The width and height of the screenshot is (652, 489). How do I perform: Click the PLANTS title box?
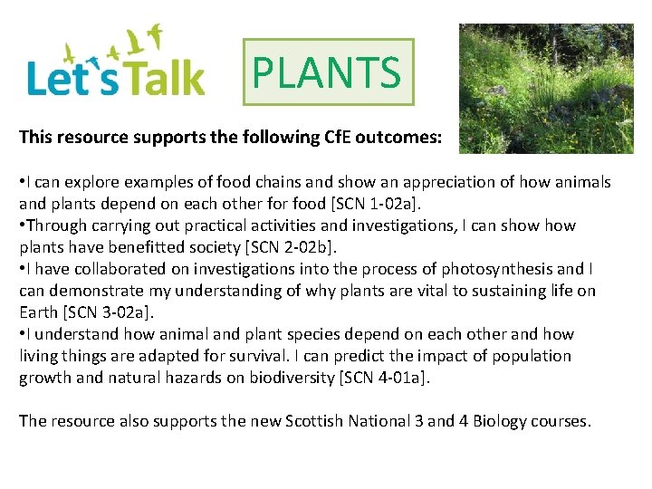pos(328,72)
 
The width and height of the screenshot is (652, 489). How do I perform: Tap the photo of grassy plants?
pos(545,88)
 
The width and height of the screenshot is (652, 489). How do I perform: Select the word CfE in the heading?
pos(342,138)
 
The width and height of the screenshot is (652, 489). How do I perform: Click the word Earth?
pos(40,312)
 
